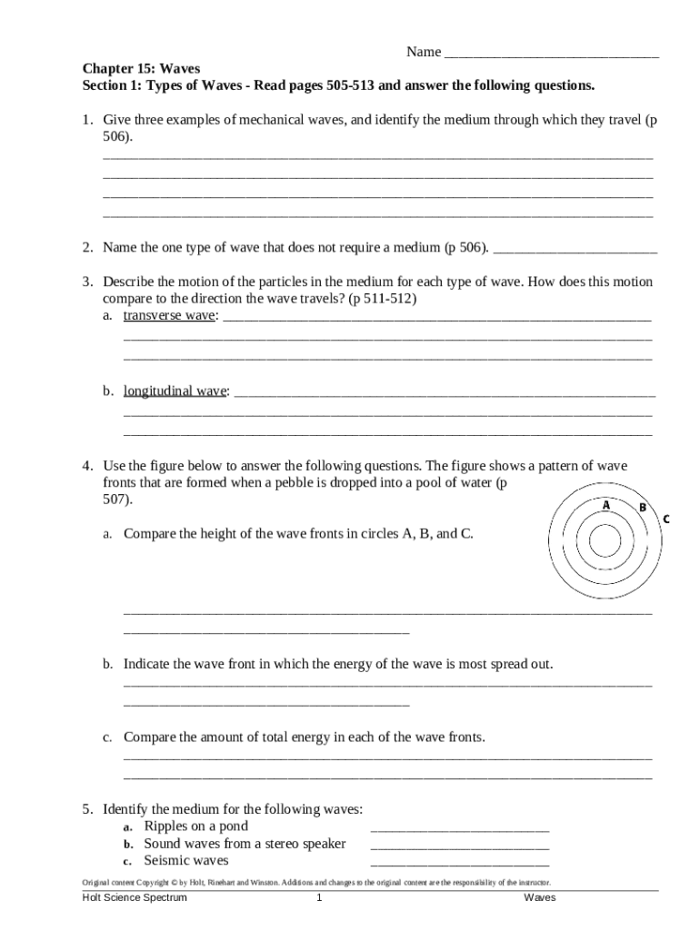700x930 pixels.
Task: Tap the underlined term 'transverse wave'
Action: (170, 316)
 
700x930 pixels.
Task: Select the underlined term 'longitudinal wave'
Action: (175, 391)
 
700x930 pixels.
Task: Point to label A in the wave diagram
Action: (605, 505)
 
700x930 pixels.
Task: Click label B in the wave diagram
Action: (642, 508)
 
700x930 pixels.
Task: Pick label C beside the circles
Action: (666, 519)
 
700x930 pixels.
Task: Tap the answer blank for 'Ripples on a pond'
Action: (460, 827)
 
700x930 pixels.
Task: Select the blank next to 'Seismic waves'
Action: (460, 862)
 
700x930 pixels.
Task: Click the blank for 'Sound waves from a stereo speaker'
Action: (460, 845)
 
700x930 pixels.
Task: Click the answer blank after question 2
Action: (575, 248)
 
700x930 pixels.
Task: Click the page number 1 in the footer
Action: (319, 898)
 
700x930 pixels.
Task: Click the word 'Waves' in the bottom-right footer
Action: (539, 898)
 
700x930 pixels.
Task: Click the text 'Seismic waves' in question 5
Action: (186, 861)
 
